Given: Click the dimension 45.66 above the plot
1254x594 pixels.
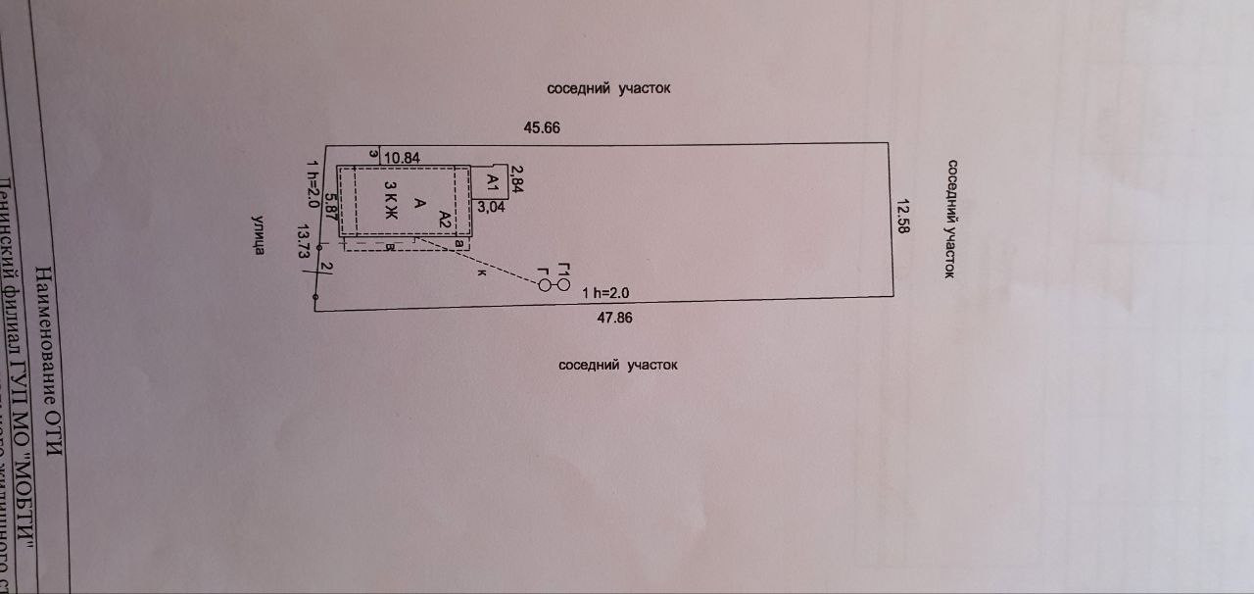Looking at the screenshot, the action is tap(541, 127).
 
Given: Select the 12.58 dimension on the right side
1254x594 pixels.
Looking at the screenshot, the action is tap(903, 213).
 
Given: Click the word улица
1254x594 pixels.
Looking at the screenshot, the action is tap(258, 236).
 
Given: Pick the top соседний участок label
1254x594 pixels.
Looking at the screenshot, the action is tap(622, 88).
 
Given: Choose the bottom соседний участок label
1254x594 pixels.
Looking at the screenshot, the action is tap(618, 365).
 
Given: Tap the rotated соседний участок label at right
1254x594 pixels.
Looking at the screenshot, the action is tap(949, 220).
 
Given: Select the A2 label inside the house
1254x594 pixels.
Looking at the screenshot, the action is tap(444, 218).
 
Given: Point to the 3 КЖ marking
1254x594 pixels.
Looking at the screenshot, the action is tap(389, 199).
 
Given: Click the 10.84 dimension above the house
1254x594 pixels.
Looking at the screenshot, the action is tap(402, 157).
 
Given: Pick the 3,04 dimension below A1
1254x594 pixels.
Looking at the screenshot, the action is tap(492, 207).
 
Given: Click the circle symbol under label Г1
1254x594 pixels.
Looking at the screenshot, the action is tap(562, 284).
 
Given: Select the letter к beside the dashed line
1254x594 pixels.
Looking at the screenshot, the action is tap(482, 273).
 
